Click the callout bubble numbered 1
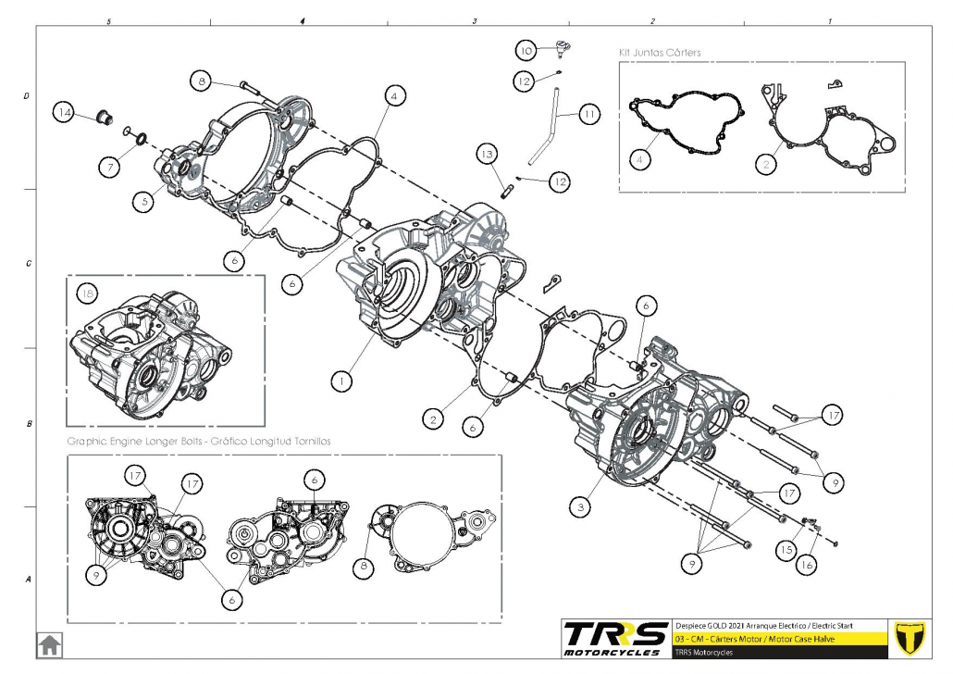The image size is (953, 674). [342, 380]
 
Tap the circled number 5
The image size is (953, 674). [141, 199]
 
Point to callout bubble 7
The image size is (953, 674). [110, 167]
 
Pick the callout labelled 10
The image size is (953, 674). [526, 50]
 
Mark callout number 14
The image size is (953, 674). [64, 113]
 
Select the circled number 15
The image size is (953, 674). [786, 549]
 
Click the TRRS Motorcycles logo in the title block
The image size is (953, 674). [616, 638]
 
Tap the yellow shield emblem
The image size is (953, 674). [914, 637]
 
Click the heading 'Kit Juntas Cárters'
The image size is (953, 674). [659, 53]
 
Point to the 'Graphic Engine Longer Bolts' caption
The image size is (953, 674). [199, 442]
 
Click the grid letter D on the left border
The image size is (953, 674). [27, 96]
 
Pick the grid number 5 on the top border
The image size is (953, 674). [110, 20]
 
